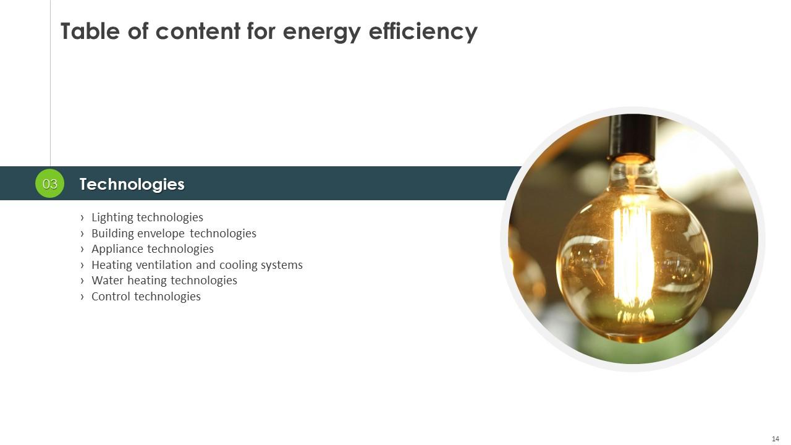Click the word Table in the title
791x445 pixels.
(90, 31)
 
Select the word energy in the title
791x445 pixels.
(322, 33)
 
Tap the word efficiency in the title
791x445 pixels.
(423, 32)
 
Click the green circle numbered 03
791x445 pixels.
(50, 184)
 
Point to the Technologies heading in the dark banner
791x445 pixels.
(132, 184)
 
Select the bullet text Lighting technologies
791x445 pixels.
(147, 217)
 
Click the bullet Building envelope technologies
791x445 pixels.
(174, 233)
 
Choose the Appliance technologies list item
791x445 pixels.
(153, 249)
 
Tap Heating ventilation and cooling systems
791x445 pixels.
(197, 265)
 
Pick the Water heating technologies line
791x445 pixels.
(164, 281)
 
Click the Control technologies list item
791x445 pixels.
(146, 296)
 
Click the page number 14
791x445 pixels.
(776, 439)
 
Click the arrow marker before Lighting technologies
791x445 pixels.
(82, 218)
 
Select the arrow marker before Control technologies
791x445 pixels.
(82, 297)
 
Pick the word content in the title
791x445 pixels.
(198, 31)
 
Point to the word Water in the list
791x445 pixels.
(108, 280)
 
